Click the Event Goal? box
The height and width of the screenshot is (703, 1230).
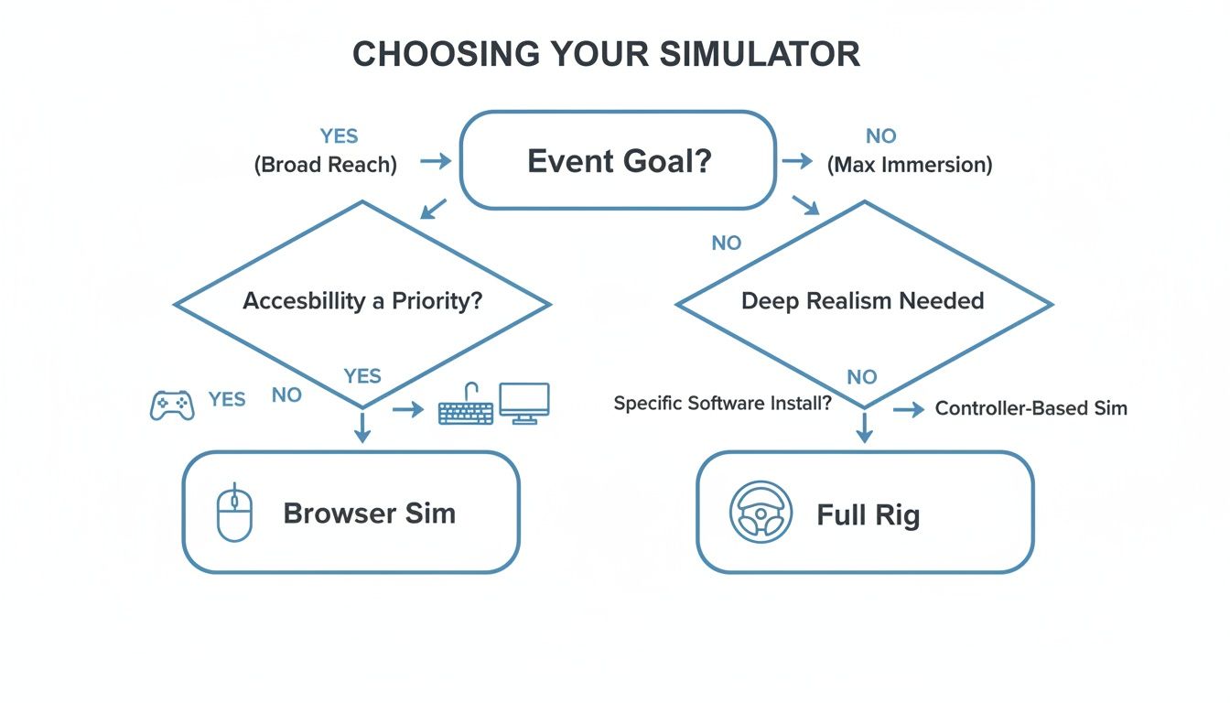pyautogui.click(x=618, y=162)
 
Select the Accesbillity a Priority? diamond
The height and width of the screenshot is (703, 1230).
pyautogui.click(x=362, y=303)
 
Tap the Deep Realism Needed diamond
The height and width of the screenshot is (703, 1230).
pyautogui.click(x=863, y=303)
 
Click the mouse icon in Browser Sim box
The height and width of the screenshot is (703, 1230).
pyautogui.click(x=233, y=512)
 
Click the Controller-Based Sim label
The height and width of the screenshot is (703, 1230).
pyautogui.click(x=1030, y=409)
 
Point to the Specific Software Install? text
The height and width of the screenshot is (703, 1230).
pyautogui.click(x=722, y=403)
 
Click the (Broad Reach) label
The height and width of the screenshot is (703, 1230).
pyautogui.click(x=325, y=166)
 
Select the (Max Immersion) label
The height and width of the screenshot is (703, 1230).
pyautogui.click(x=910, y=166)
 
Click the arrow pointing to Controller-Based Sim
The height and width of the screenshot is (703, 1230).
pyautogui.click(x=909, y=410)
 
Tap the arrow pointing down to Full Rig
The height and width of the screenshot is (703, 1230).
pyautogui.click(x=864, y=427)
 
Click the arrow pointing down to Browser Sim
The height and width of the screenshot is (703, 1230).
pyautogui.click(x=362, y=427)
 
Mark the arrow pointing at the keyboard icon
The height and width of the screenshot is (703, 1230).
pyautogui.click(x=408, y=410)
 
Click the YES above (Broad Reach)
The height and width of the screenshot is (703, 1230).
pyautogui.click(x=339, y=136)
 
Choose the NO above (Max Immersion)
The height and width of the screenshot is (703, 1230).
pyautogui.click(x=880, y=136)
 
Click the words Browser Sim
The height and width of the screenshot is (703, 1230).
pyautogui.click(x=369, y=513)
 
